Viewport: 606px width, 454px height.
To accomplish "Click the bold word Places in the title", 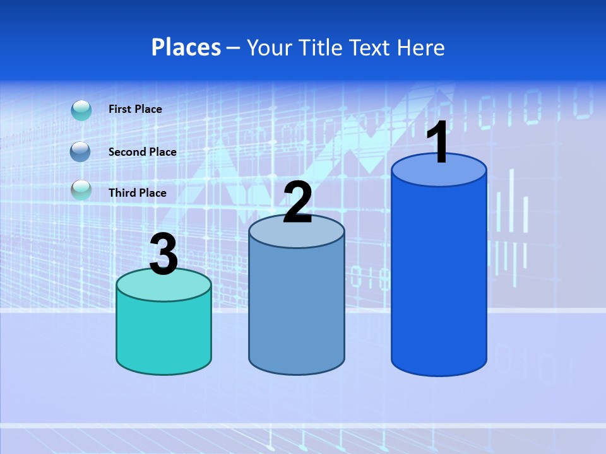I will [x=186, y=47].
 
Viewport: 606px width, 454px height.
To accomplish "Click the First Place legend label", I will [x=135, y=109].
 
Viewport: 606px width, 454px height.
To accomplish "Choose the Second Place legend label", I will [x=142, y=152].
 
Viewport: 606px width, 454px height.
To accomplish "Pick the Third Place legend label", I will [x=138, y=193].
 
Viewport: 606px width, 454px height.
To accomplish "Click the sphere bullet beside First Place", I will [x=81, y=110].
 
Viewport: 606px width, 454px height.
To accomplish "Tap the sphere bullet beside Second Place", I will [x=81, y=152].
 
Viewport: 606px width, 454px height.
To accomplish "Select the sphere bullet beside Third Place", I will [x=81, y=190].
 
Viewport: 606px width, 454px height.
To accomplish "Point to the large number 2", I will [x=297, y=202].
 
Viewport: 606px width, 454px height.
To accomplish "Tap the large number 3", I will [x=164, y=254].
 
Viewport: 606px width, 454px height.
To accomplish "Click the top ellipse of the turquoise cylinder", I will [x=163, y=285].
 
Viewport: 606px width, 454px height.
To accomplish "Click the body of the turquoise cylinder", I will [x=163, y=334].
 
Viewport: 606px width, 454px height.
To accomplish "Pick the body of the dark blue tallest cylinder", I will [x=439, y=277].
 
